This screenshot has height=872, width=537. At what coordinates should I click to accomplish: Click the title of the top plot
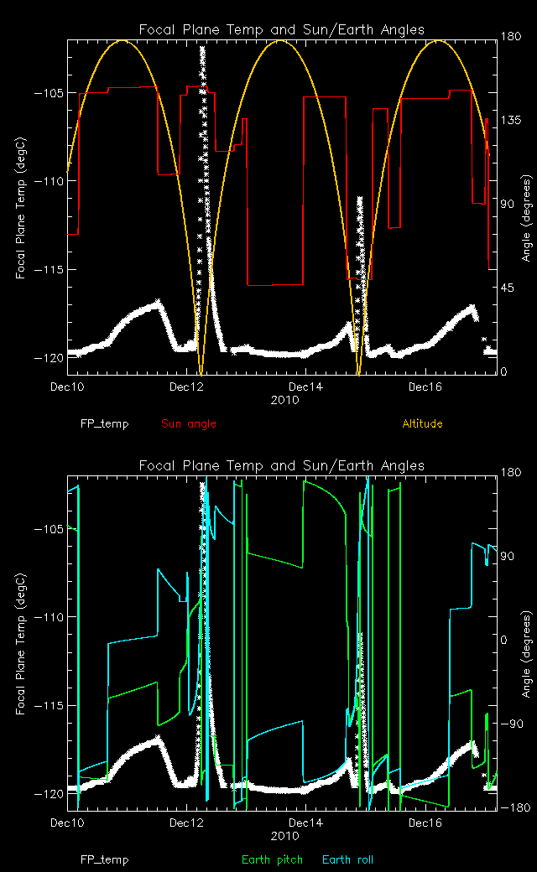click(281, 29)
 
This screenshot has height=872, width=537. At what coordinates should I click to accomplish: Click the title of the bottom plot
click(281, 465)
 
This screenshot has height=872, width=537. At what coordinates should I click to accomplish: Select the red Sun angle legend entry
click(189, 423)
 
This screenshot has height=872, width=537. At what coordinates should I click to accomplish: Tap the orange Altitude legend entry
click(422, 423)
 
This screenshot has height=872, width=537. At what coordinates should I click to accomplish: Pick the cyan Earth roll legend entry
click(347, 859)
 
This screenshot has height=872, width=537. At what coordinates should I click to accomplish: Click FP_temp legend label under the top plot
click(105, 423)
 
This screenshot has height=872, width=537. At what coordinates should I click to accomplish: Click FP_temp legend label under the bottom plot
click(105, 859)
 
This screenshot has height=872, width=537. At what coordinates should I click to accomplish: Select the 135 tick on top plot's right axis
click(511, 120)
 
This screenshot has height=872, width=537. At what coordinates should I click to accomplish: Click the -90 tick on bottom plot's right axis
click(511, 724)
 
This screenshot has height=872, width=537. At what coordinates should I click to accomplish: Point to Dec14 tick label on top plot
click(305, 387)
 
